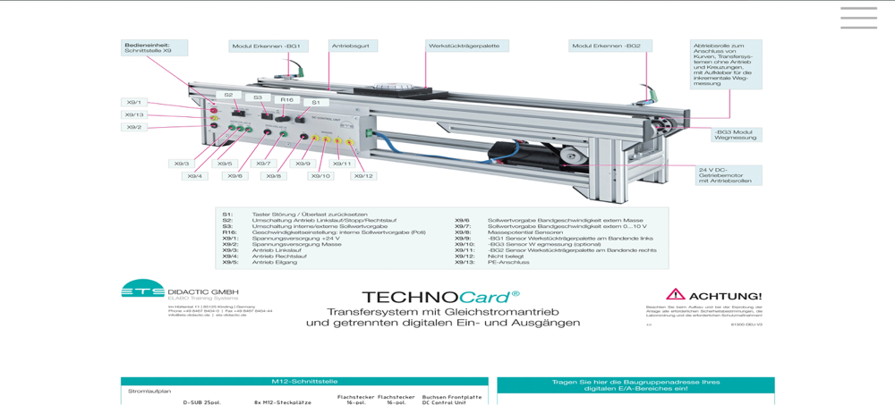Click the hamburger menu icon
pos(858,18)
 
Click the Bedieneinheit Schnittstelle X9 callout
pos(154,47)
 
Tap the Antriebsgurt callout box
pos(353,46)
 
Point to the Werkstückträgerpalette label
pos(466,46)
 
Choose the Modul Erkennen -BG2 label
pos(609,46)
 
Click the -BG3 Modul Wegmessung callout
pos(736,135)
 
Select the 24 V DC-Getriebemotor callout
pos(729,175)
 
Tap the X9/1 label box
pos(134,103)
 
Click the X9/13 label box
pos(134,115)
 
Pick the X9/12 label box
pos(362,176)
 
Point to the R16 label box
pos(286,100)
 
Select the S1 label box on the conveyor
pos(315,103)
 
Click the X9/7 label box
pos(262,164)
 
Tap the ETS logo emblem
pos(143,289)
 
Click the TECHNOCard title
pos(440,297)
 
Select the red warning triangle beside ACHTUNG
pos(675,294)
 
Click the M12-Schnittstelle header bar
pos(304,381)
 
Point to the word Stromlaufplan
pos(149,391)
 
